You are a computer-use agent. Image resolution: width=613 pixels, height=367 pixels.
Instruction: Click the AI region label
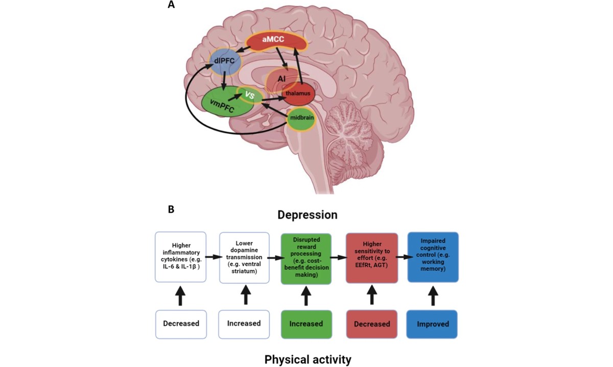click(x=281, y=79)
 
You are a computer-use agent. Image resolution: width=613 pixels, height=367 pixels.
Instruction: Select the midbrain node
click(x=300, y=118)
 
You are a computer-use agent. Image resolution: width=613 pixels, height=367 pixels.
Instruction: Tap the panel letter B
click(x=172, y=210)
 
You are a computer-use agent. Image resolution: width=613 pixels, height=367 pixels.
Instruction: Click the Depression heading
click(x=308, y=215)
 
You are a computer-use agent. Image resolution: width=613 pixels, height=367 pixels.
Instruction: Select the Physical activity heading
click(x=308, y=359)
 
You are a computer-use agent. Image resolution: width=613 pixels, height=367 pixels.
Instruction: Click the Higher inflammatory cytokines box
click(x=180, y=257)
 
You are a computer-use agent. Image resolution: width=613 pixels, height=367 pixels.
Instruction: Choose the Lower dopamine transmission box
click(x=245, y=257)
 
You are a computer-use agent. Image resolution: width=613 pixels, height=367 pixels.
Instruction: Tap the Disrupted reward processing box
click(x=306, y=258)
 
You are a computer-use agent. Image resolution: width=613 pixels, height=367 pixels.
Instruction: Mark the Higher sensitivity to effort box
click(x=371, y=258)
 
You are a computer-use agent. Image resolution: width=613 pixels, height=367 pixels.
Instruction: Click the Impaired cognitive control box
click(x=433, y=257)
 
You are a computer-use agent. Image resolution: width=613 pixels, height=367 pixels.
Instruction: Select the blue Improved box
click(x=432, y=324)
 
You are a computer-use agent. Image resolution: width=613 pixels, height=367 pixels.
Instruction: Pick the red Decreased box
click(x=371, y=324)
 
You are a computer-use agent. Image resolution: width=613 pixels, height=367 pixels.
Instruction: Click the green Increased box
click(x=306, y=324)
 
